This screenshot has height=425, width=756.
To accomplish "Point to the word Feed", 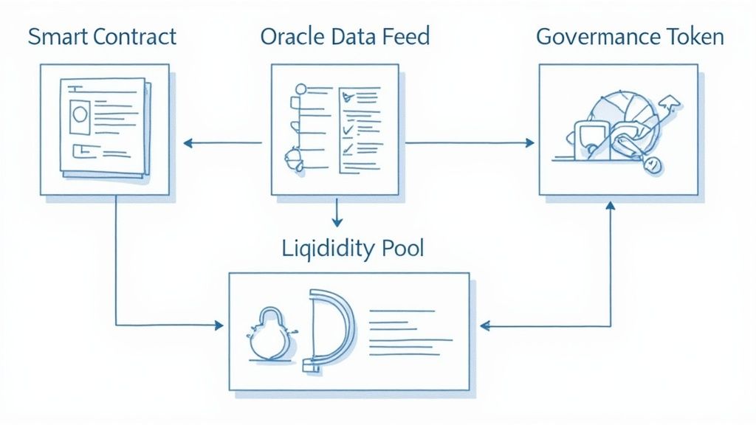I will coord(405,37).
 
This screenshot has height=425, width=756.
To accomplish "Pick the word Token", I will coord(696,37).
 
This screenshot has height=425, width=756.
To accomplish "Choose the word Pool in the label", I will coord(401,248).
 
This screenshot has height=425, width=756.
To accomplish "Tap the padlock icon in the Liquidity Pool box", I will coord(269,334).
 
